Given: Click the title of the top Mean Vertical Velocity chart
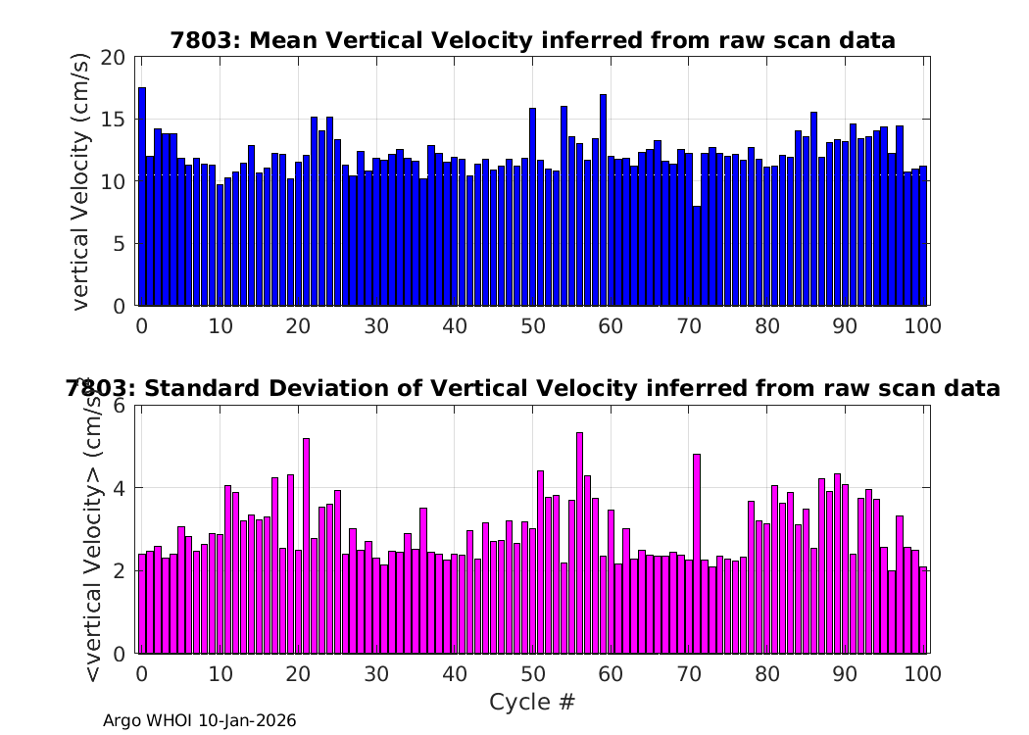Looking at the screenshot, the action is point(532,41).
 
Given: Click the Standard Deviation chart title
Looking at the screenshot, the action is point(532,388).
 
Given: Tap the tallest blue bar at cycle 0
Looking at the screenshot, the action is point(142,196).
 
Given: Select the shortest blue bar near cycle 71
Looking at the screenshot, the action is point(697,256).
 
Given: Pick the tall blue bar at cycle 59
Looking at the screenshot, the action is point(603,200).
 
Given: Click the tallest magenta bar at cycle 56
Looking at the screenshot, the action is point(579,543).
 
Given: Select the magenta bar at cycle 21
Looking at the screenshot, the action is point(306,546).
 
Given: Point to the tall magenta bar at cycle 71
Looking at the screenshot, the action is point(697,554).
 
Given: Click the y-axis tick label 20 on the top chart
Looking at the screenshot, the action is point(113,58).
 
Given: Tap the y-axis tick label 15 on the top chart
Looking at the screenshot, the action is point(113,120).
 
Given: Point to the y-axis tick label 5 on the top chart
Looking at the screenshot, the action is point(119,244).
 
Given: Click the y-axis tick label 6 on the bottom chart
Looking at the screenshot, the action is point(119,405).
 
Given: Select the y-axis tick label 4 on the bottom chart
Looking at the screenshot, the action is point(119,488).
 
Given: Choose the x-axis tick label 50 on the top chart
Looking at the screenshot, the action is point(533,326).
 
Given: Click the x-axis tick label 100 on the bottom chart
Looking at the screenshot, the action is point(923,674).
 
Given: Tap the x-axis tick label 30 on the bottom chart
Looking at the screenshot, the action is point(376,674).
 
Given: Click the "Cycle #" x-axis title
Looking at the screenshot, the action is point(532,702).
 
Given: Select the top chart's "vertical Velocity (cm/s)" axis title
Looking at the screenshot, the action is point(80,181).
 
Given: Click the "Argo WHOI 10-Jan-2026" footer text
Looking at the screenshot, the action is point(200,720).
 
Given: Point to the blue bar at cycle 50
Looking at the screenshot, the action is point(533,207).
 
